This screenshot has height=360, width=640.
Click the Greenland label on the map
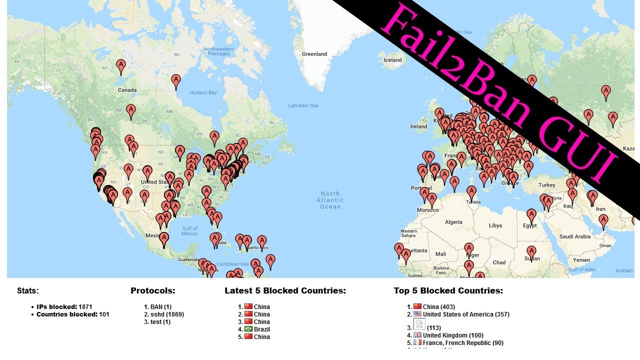click(x=314, y=54)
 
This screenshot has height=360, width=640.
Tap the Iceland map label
click(x=392, y=60)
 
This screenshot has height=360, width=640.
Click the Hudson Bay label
click(x=203, y=92)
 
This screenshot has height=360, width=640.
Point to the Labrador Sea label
click(x=303, y=105)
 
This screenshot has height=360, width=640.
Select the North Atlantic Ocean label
click(x=330, y=200)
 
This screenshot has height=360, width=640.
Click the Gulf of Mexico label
click(x=189, y=231)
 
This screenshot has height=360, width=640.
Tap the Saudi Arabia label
click(x=575, y=236)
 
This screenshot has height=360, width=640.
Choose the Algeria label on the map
click(x=453, y=222)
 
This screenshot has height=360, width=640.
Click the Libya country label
click(x=495, y=225)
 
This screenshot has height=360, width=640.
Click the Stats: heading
click(x=28, y=290)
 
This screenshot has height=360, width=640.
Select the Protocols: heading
click(x=153, y=290)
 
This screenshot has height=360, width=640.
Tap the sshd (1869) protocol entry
click(x=167, y=314)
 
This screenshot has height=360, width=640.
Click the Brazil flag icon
click(x=248, y=329)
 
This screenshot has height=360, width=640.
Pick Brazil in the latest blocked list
click(x=262, y=329)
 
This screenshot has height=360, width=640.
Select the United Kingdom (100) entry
click(x=453, y=335)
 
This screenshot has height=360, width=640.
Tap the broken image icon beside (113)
click(x=419, y=324)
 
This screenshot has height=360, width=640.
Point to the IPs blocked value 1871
click(x=84, y=306)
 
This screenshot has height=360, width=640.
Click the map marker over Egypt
click(x=531, y=215)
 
